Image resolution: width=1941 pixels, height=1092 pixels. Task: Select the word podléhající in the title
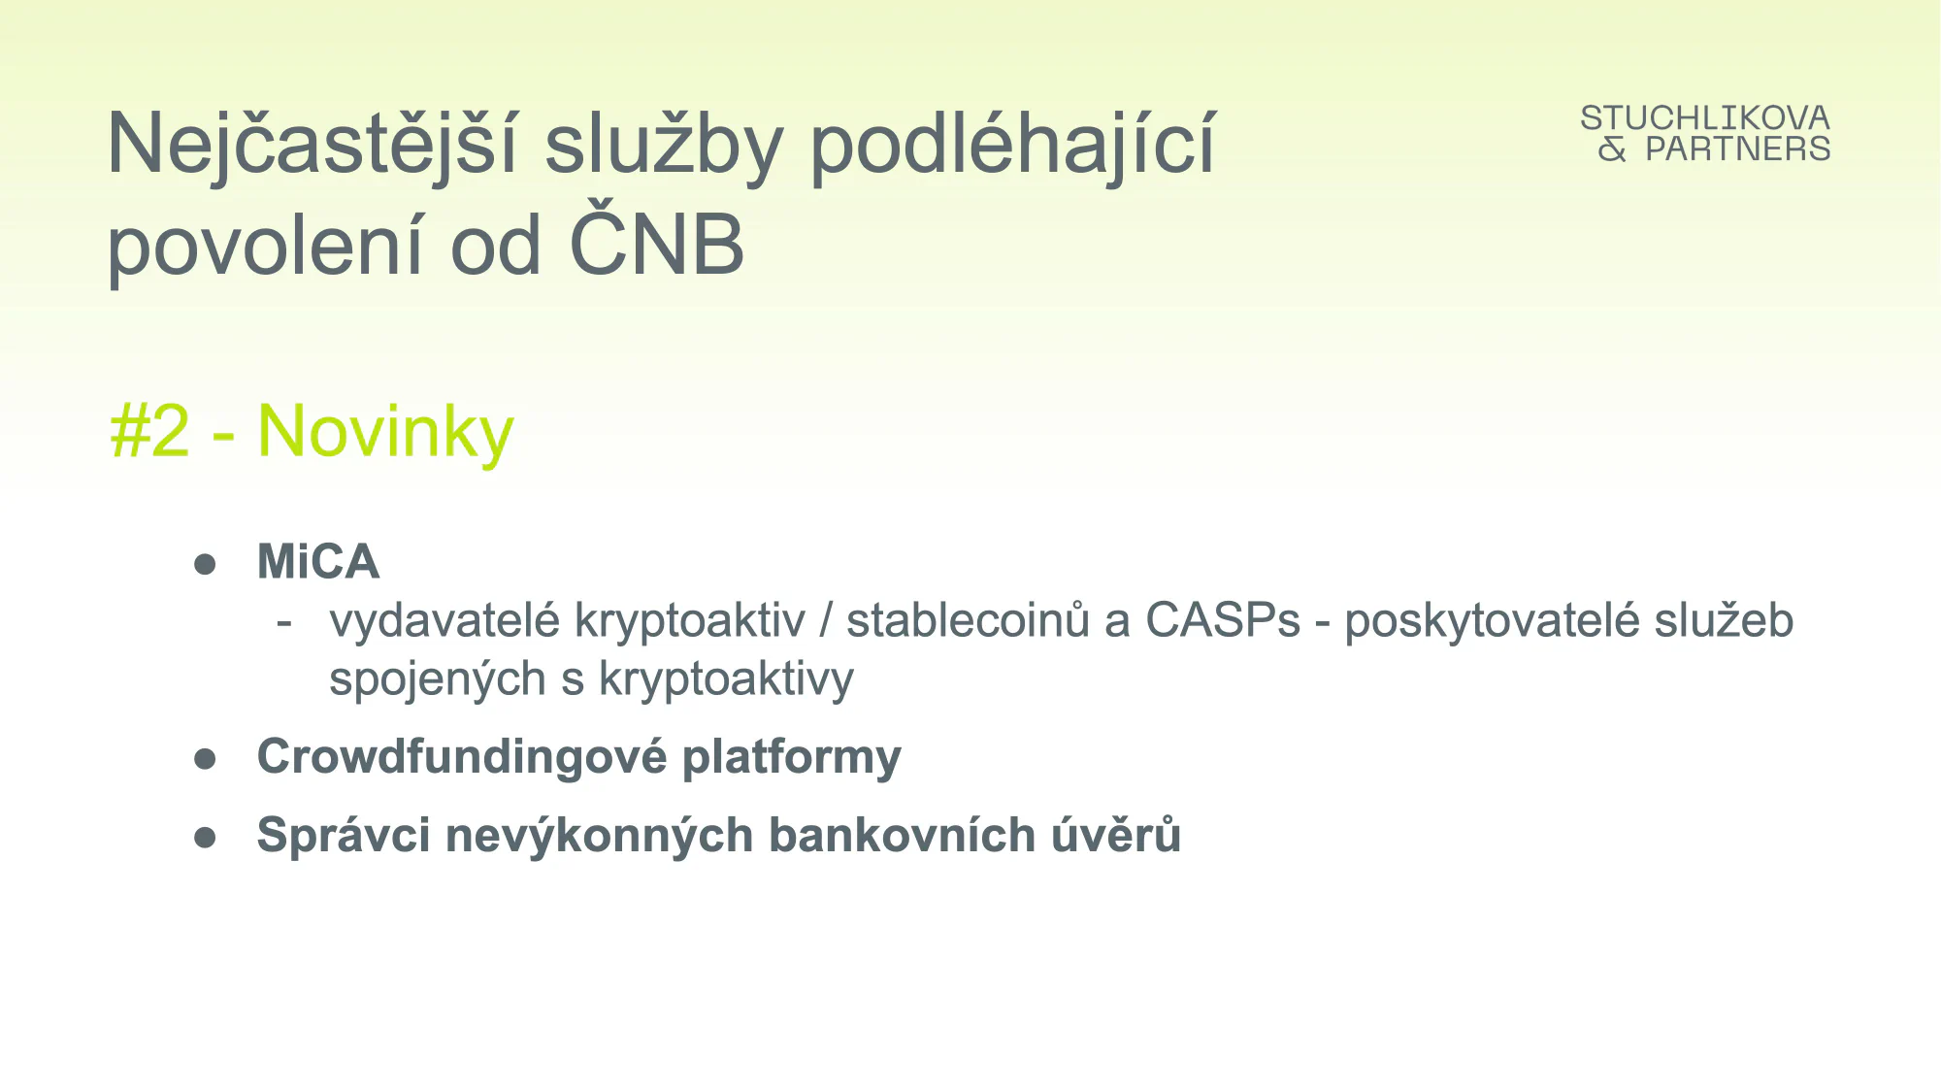(x=1012, y=146)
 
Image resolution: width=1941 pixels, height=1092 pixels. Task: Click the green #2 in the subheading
(x=150, y=431)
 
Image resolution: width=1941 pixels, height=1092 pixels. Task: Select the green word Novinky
(x=385, y=433)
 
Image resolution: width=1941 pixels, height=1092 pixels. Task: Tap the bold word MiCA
(x=318, y=561)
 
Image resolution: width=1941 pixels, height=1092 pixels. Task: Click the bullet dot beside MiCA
(x=205, y=564)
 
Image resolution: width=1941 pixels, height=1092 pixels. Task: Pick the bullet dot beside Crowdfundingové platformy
(x=205, y=758)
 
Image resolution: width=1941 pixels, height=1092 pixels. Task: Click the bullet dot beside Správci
(x=205, y=837)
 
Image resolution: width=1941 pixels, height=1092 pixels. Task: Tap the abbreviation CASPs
(x=1223, y=620)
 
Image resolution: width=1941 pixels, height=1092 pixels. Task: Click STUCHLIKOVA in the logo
(x=1705, y=118)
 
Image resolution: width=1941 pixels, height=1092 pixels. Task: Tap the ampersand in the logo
(x=1612, y=149)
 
